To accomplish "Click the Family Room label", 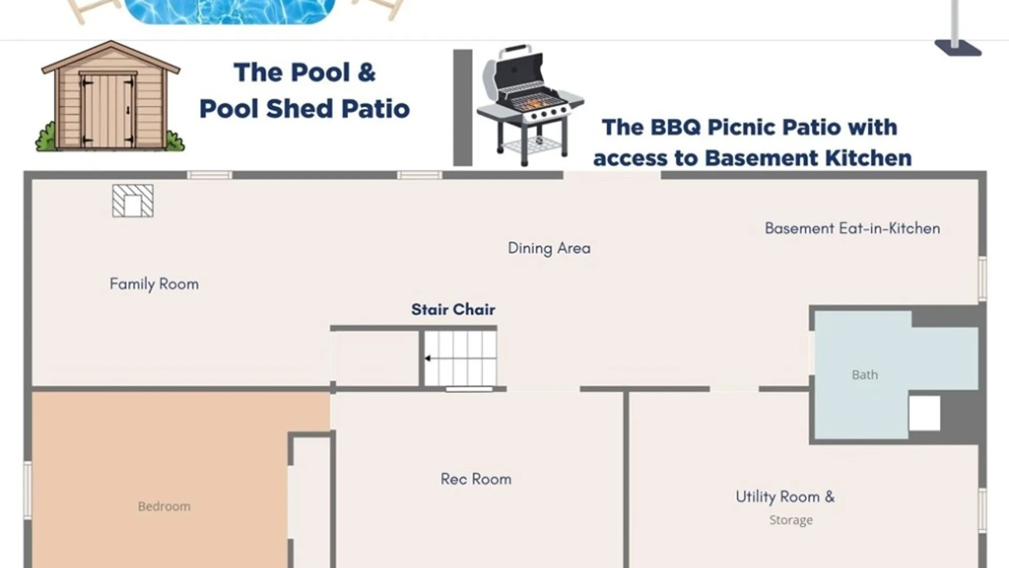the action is [154, 285].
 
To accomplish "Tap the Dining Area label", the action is [549, 248].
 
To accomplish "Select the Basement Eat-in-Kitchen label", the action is [852, 228].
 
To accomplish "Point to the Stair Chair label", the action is [453, 309].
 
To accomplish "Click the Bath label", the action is [864, 375].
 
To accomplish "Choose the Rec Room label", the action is [476, 479].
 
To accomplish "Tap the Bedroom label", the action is [164, 506].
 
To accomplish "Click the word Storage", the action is [791, 520].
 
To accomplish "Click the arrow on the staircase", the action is [428, 359].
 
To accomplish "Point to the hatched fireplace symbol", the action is [133, 200].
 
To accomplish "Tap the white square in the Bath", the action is [924, 413].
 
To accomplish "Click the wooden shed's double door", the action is [108, 111].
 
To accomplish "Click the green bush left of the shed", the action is [46, 137].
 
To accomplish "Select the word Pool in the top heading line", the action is [321, 73].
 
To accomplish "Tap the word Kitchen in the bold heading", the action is [868, 158].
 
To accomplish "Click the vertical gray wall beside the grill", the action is [462, 108].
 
